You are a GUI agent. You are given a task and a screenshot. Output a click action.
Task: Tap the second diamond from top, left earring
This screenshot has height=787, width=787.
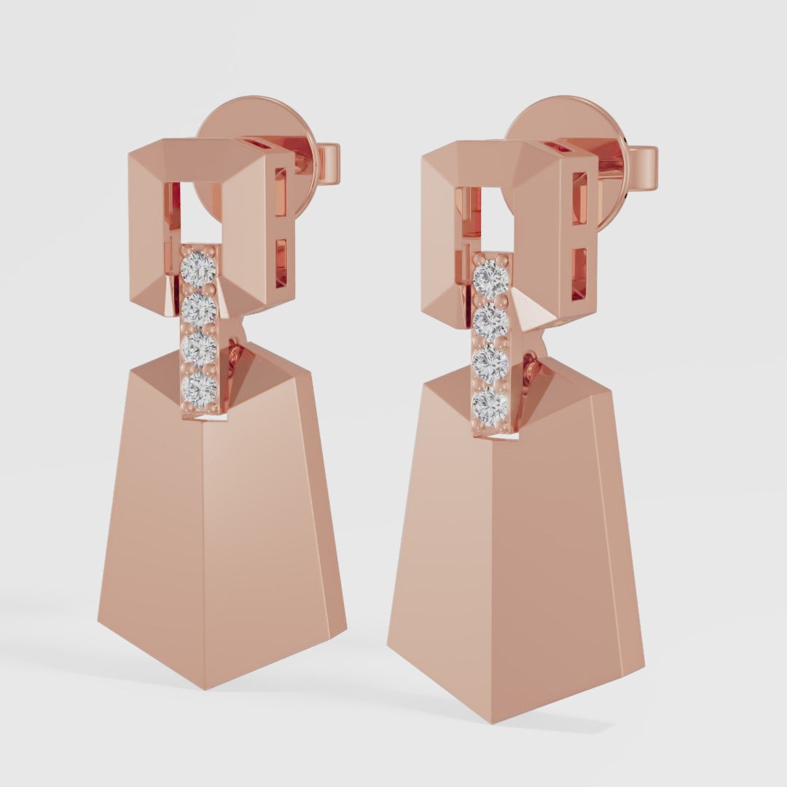(199, 310)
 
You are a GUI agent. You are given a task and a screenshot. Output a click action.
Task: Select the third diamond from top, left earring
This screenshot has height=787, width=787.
(199, 350)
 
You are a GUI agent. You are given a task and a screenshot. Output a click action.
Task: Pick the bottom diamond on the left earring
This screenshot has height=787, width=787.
(199, 389)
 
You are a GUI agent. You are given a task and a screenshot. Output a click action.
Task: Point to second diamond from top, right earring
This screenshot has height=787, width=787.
(490, 321)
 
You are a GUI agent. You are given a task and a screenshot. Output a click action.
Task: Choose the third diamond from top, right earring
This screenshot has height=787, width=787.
(490, 364)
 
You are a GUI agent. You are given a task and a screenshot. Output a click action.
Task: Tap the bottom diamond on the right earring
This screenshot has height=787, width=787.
(490, 407)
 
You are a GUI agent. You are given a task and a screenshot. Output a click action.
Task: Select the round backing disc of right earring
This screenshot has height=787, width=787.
(561, 120)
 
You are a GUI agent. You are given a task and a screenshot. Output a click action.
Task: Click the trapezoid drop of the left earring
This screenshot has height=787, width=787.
(219, 525)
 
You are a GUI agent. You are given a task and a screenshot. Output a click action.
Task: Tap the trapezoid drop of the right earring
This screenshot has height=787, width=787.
(510, 554)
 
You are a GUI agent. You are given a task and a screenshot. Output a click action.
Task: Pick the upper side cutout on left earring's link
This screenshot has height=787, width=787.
(281, 192)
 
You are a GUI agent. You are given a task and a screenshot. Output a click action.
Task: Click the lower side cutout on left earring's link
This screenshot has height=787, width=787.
(281, 262)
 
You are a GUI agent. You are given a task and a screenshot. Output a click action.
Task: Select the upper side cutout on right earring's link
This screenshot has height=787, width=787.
(580, 198)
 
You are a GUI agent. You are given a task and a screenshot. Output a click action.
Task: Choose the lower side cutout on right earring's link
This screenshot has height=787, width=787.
(579, 273)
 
